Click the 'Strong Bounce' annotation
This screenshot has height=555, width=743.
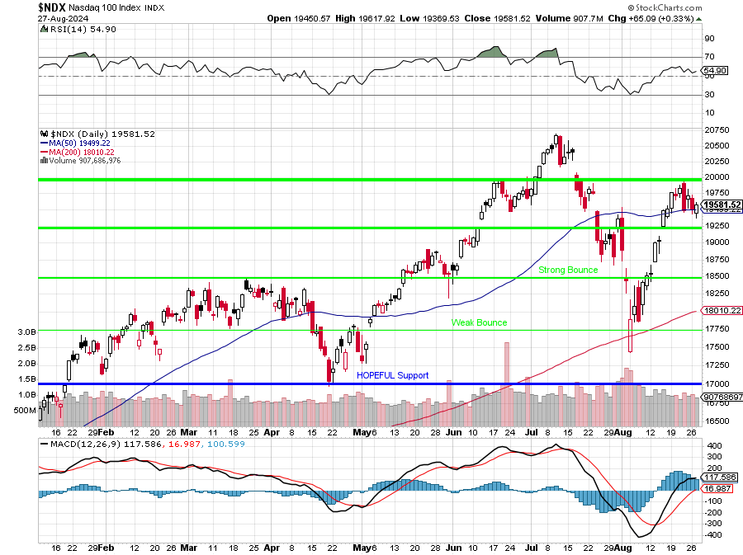pyautogui.click(x=568, y=270)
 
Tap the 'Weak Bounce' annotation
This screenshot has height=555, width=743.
pyautogui.click(x=479, y=322)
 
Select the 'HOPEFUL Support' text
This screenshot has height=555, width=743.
pyautogui.click(x=393, y=375)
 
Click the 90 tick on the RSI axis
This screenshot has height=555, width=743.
pyautogui.click(x=709, y=38)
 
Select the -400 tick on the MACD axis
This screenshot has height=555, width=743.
pyautogui.click(x=712, y=535)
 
